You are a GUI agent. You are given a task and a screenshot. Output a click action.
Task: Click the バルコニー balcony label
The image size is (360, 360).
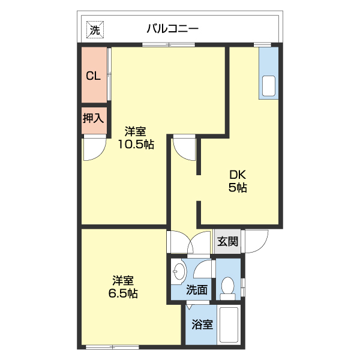click(x=172, y=28)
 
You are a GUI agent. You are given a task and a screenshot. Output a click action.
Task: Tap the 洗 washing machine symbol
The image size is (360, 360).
click(x=95, y=28)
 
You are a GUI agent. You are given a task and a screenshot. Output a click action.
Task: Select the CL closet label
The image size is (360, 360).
click(x=93, y=76)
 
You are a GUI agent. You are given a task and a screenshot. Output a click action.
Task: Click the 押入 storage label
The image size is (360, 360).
click(x=93, y=118)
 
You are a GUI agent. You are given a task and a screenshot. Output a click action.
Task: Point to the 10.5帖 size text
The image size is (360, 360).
click(x=136, y=145)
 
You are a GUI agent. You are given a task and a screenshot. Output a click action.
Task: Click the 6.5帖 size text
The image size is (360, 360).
click(x=124, y=293)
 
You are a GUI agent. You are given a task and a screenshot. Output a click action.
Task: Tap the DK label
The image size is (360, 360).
click(x=238, y=175)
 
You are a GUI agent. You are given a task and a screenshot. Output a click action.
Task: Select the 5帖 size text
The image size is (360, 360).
click(x=238, y=188)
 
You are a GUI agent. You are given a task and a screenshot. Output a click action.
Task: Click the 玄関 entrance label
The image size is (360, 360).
click(x=227, y=242)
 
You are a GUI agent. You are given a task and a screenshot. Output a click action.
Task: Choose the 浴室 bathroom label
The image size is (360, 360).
click(x=202, y=325)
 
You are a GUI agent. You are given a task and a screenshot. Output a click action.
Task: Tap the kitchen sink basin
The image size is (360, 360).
click(x=269, y=86)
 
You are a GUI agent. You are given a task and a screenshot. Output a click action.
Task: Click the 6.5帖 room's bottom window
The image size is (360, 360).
click(x=112, y=346)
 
